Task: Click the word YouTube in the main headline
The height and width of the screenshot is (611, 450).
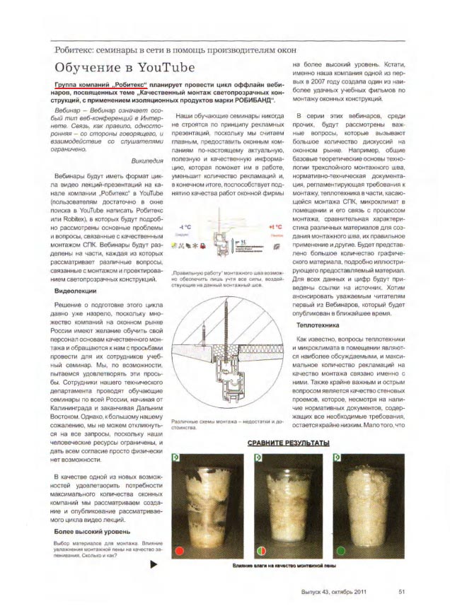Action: coord(158,68)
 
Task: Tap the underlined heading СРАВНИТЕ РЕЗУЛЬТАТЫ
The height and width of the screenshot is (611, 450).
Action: coord(288,443)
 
